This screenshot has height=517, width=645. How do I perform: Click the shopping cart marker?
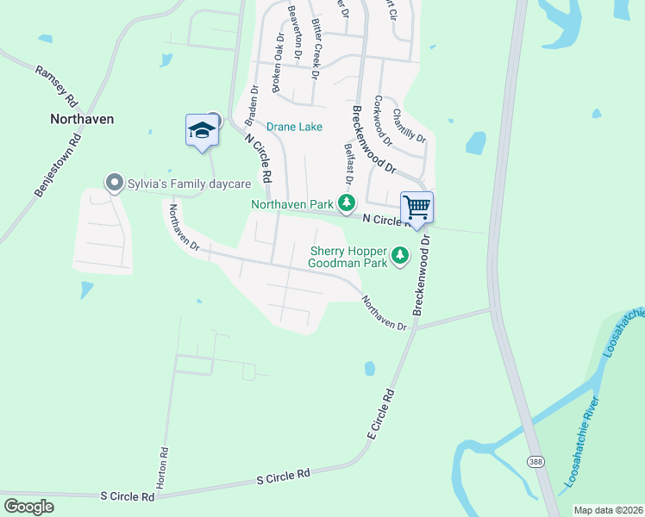pos(416,208)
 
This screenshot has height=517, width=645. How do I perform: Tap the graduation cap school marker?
pos(202,130)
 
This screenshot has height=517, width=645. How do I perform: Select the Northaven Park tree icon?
pos(347,204)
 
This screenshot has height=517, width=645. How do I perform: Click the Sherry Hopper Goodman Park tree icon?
pos(399,255)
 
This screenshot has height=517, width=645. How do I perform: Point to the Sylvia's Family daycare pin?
pos(113,183)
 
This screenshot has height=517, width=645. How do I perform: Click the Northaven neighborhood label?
pos(82,119)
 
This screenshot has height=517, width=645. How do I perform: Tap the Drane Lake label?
pos(294,127)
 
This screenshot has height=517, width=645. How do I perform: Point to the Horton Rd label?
pos(163,464)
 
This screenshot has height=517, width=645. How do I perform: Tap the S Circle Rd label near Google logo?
pos(127,497)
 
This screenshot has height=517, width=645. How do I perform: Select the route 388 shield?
pos(536,463)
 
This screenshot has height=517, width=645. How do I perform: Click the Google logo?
pos(28,507)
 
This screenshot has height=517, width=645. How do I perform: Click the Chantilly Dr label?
pos(410,125)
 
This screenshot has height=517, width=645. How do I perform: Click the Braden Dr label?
pos(254,106)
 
